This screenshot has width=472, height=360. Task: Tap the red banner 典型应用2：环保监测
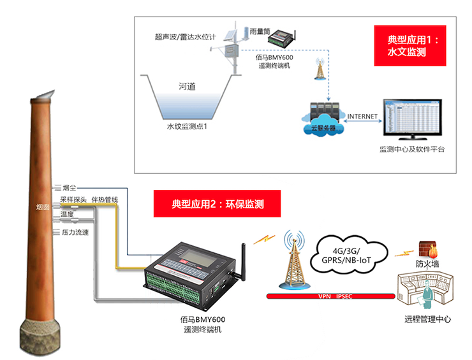(x=218, y=205)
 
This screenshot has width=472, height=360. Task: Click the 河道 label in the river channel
(x=187, y=85)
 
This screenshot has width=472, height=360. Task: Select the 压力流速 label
(x=75, y=232)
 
